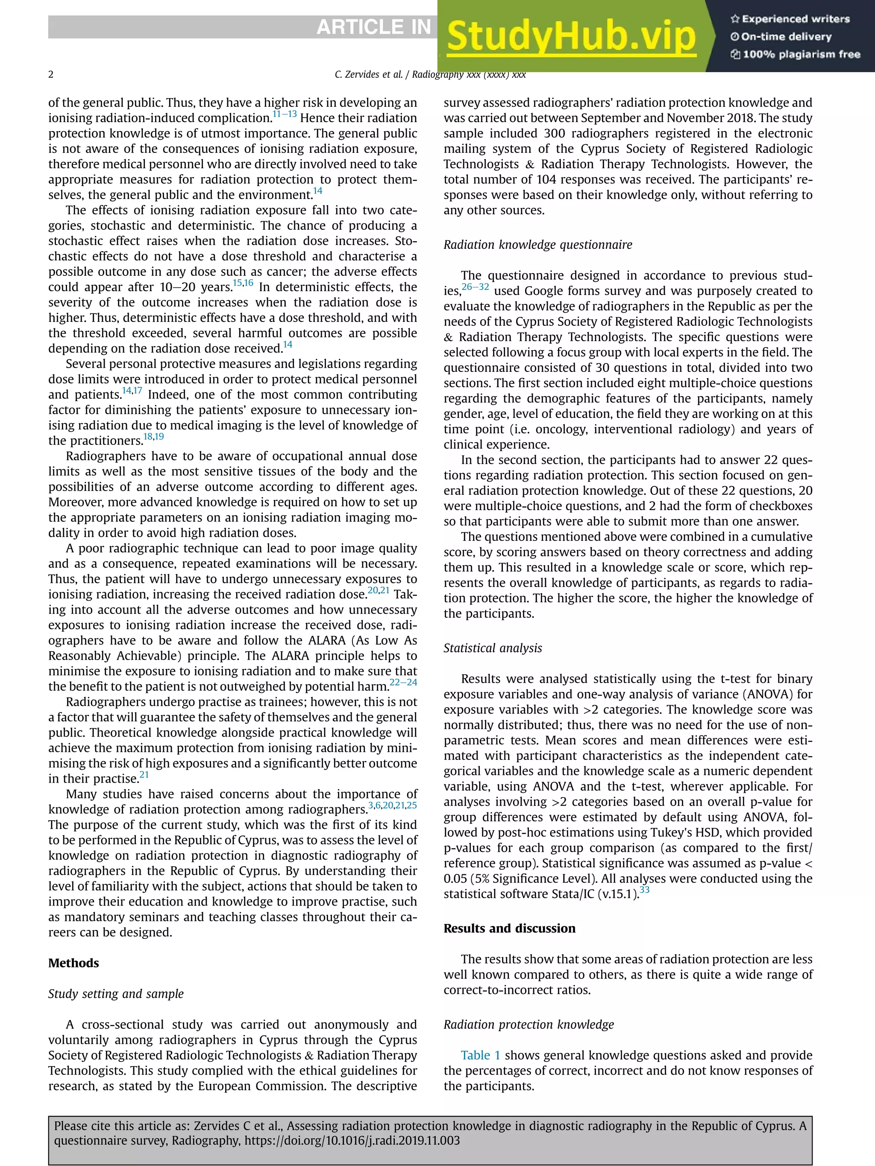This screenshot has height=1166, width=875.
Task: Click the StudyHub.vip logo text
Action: (571, 37)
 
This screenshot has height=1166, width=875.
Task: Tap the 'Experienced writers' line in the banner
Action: (790, 19)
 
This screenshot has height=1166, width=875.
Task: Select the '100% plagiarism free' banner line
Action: (796, 54)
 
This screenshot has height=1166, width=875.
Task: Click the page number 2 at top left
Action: (51, 74)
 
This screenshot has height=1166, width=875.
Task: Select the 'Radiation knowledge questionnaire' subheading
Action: (537, 245)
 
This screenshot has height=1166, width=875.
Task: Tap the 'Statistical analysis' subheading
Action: (492, 648)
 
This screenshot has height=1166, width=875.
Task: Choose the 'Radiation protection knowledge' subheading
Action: (529, 1024)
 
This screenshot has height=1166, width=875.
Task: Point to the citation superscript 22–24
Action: (403, 682)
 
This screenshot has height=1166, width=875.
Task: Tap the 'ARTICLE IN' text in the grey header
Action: (373, 27)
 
